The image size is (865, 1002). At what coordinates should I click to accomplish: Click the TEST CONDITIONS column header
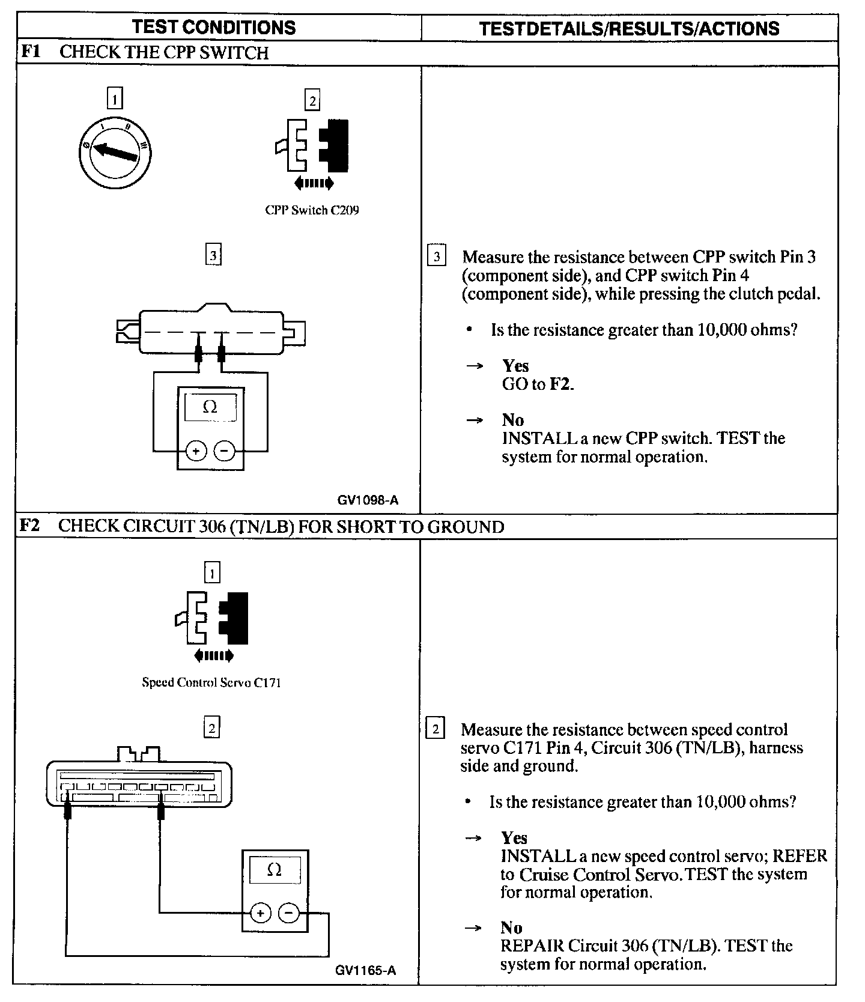tap(214, 27)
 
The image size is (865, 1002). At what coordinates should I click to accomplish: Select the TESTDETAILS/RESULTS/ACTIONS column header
tap(629, 28)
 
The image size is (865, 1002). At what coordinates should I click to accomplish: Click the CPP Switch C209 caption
tap(312, 210)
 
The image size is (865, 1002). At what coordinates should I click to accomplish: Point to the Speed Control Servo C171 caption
tap(211, 682)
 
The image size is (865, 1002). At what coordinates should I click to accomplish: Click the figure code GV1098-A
tap(368, 500)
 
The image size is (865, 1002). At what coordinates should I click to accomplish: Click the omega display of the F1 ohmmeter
tap(210, 407)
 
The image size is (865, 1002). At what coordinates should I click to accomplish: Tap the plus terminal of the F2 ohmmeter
tap(260, 913)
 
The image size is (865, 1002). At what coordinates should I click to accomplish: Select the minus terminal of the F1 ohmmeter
tap(225, 451)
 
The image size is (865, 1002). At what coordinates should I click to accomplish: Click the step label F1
tap(30, 52)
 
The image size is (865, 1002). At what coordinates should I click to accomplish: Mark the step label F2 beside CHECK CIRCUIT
tap(30, 526)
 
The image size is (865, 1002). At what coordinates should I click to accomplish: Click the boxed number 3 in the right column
tap(436, 257)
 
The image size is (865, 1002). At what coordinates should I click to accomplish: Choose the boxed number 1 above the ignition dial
tap(114, 98)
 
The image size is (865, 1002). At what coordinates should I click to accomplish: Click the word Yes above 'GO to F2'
tap(515, 366)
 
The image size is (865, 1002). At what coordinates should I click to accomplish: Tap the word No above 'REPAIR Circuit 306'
tap(511, 928)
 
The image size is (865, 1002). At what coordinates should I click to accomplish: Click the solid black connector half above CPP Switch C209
tap(334, 147)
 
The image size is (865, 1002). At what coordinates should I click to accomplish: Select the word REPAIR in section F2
tap(532, 946)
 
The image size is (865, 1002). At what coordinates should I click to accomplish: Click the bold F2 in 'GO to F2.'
tap(561, 384)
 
